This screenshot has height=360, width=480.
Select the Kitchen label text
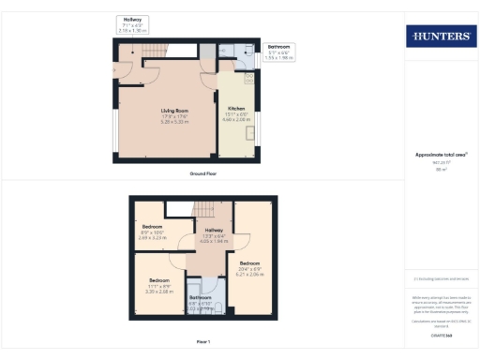point(236,108)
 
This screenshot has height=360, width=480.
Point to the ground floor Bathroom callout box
point(278,52)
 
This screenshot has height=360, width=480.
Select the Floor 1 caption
point(203,341)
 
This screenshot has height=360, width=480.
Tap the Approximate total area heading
point(440,155)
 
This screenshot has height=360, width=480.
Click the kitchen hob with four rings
point(229,52)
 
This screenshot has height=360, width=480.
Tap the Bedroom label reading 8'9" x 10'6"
point(152,227)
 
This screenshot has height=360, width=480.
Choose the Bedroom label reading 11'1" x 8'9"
point(157,280)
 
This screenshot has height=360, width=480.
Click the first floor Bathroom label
point(201,297)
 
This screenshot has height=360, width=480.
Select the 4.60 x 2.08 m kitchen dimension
point(236,120)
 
